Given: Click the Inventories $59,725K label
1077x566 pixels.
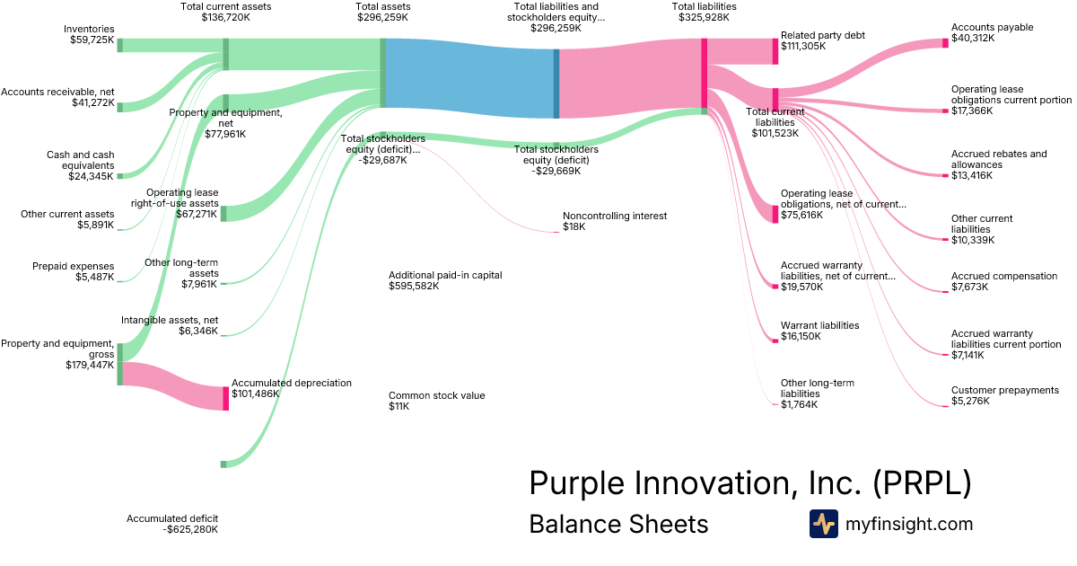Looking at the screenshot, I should tap(88, 35).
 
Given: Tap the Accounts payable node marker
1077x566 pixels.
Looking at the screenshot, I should tap(945, 42).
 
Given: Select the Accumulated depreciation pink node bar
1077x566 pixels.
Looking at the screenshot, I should tap(226, 398).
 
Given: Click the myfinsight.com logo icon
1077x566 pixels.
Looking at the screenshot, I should tap(823, 524).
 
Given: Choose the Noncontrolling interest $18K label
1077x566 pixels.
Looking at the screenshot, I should tap(615, 221).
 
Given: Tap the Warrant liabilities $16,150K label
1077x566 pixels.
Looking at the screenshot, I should tap(819, 331).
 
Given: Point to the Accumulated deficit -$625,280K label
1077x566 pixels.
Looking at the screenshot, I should tap(172, 524).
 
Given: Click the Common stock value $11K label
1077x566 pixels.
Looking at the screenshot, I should tap(436, 401).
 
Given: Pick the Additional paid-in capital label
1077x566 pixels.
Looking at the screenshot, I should tap(444, 280).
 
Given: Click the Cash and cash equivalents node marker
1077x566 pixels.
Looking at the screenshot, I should tap(119, 176).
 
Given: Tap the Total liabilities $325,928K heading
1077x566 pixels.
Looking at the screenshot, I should tap(705, 12).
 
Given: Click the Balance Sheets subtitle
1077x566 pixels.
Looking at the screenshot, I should tap(618, 524).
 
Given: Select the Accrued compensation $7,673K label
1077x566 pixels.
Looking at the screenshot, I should tap(1004, 281).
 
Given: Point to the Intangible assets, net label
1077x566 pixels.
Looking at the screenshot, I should tap(169, 325).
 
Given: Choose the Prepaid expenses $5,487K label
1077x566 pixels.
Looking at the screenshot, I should tap(73, 271).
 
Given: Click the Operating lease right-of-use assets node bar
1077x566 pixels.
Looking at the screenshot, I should tap(223, 213).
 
